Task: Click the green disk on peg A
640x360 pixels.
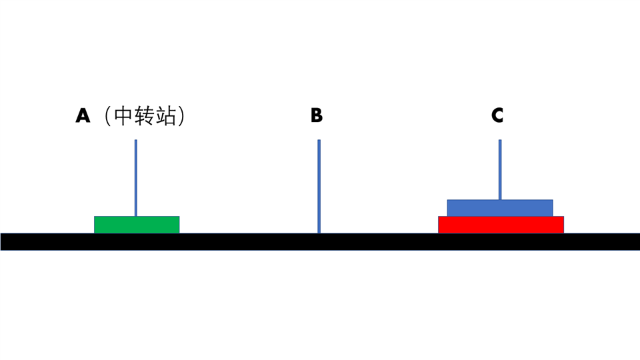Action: [137, 225]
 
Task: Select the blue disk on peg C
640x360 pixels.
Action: [500, 208]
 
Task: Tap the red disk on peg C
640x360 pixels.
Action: [501, 225]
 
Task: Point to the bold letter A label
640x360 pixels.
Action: [83, 115]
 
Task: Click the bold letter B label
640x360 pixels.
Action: [316, 115]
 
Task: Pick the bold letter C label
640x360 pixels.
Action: [497, 115]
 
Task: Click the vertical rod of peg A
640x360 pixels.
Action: [136, 178]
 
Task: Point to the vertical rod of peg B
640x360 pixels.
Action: [319, 187]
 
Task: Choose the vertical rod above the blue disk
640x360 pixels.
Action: [500, 169]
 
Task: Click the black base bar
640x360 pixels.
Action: [320, 241]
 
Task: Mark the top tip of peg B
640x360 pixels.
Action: [319, 140]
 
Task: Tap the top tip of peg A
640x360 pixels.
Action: [136, 140]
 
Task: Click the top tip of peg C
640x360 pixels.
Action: [500, 140]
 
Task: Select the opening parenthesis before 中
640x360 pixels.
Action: [108, 116]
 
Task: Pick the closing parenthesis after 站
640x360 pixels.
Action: [181, 116]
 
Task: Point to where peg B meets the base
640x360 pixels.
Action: [319, 233]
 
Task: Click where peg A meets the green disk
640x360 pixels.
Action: [136, 216]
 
